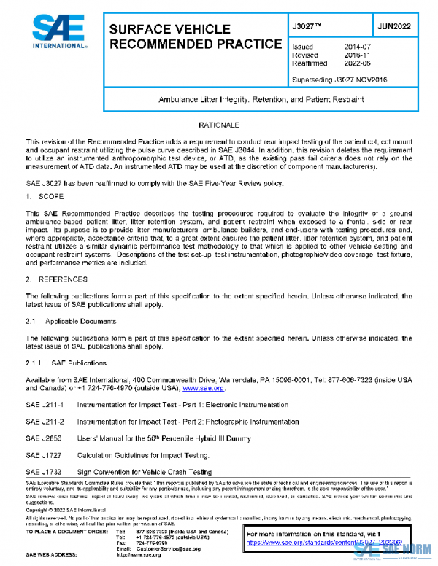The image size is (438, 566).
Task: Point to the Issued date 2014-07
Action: [358, 47]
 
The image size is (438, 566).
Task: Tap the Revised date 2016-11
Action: [358, 55]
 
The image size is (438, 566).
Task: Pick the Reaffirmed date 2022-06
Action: [358, 63]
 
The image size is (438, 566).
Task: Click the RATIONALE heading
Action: [219, 126]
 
